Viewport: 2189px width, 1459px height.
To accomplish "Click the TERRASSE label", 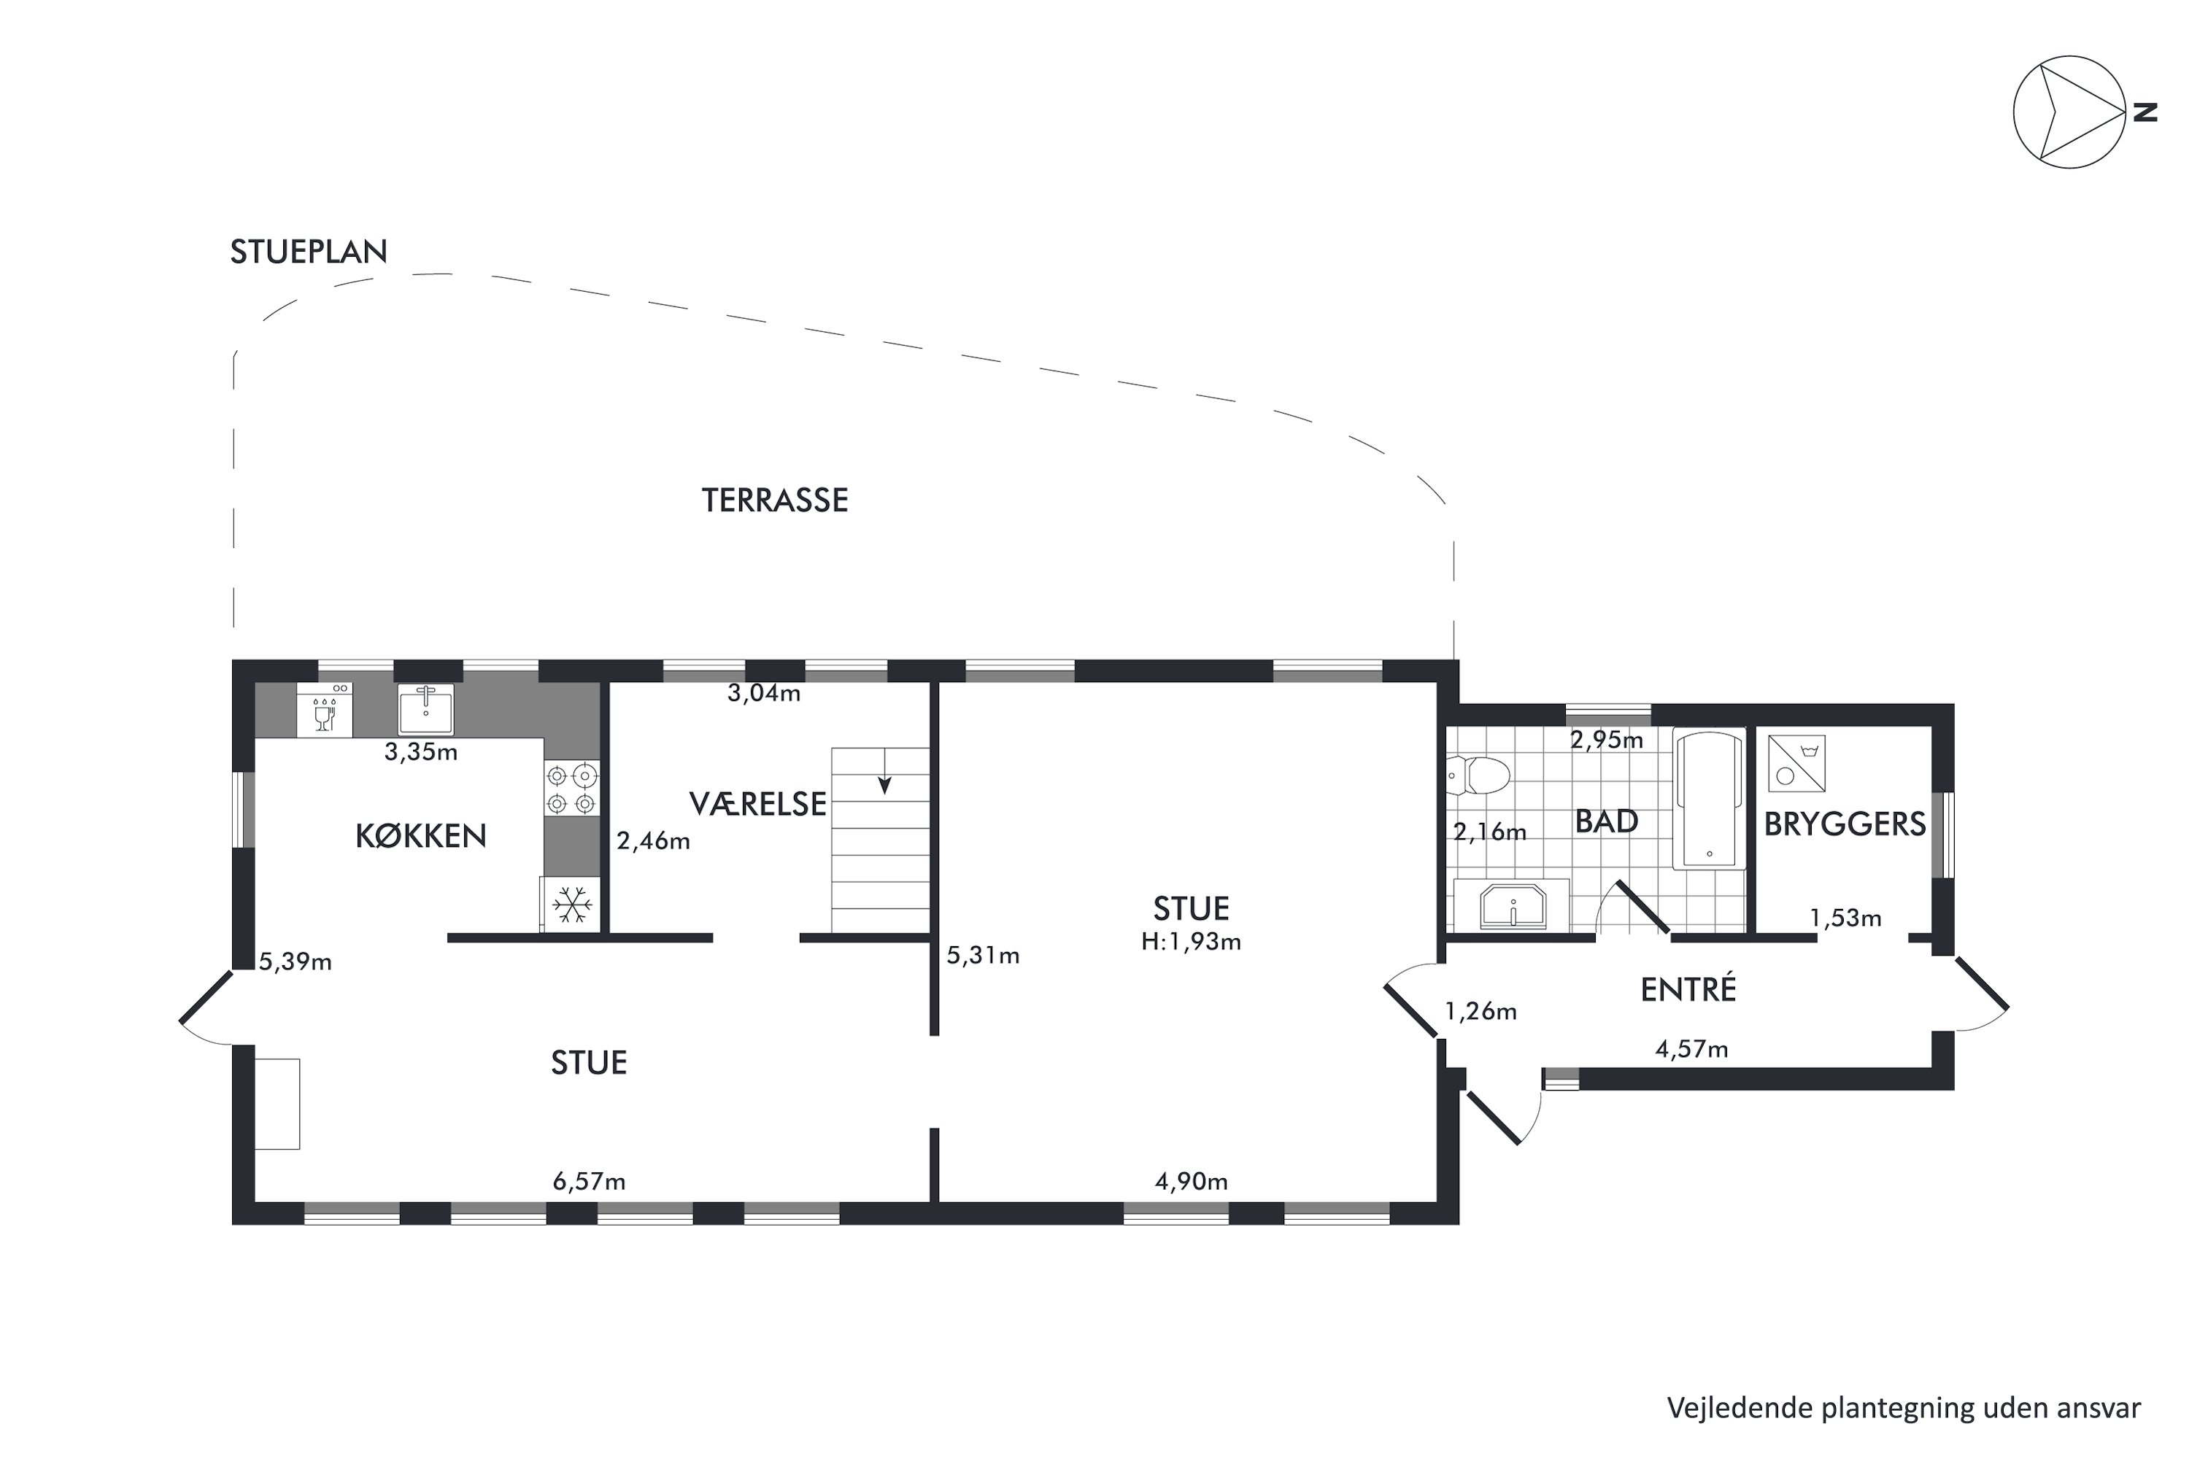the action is click(x=774, y=500).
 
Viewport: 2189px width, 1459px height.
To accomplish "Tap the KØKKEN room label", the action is click(x=421, y=835).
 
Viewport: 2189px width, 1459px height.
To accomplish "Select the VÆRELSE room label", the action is click(x=757, y=803).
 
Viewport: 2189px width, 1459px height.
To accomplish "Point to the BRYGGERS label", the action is click(x=1845, y=824).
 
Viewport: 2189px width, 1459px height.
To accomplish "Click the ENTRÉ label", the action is click(x=1688, y=988).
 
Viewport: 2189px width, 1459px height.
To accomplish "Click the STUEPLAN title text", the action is click(x=308, y=251).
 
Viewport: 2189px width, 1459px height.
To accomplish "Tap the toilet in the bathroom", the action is click(x=1478, y=774).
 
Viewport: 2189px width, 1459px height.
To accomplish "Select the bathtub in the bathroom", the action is click(x=1709, y=798).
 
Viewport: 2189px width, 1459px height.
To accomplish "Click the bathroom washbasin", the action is click(x=1513, y=906).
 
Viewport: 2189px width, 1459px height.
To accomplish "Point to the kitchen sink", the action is click(x=426, y=709).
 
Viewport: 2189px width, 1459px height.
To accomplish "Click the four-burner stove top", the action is click(x=571, y=788).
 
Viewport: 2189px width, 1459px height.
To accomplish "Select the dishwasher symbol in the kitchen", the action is click(x=325, y=710).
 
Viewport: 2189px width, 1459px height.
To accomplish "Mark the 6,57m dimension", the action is click(x=589, y=1182).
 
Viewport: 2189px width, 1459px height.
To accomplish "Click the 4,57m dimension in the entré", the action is click(x=1691, y=1050).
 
